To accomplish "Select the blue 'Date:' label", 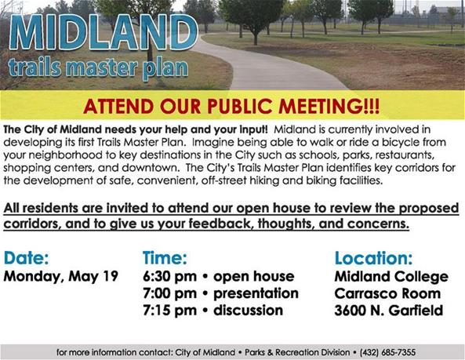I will [x=27, y=258].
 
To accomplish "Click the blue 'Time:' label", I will [x=165, y=258].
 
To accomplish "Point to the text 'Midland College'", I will [x=391, y=277].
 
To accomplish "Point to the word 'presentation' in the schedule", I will [x=255, y=293].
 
